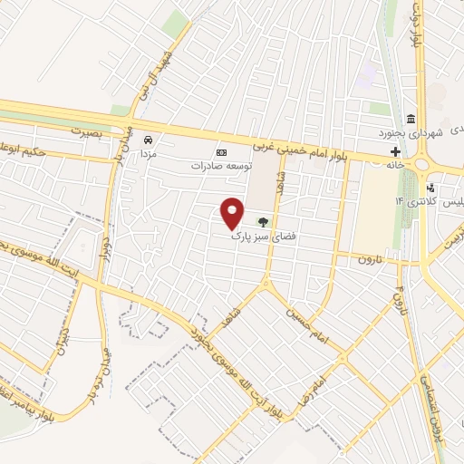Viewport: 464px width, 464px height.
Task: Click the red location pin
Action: tap(233, 213)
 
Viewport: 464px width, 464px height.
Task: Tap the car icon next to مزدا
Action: tap(150, 140)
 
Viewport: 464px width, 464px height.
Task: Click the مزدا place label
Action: tap(150, 153)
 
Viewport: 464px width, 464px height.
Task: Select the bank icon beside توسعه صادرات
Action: tap(218, 152)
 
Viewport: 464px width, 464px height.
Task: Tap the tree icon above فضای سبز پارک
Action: tap(263, 219)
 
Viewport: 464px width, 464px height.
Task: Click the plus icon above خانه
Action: tap(394, 150)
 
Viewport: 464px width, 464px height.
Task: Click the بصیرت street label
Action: tap(89, 130)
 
